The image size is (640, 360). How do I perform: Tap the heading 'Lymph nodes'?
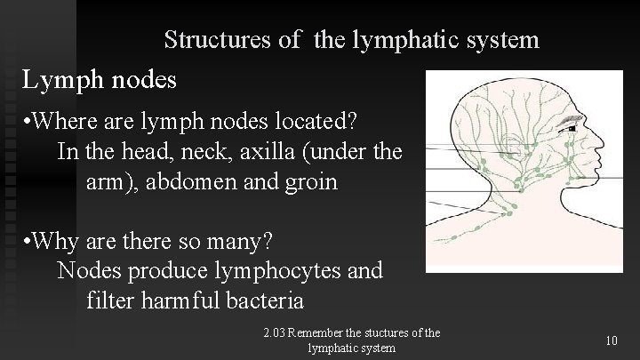coord(100,80)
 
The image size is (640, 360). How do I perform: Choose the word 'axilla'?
coord(266,151)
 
